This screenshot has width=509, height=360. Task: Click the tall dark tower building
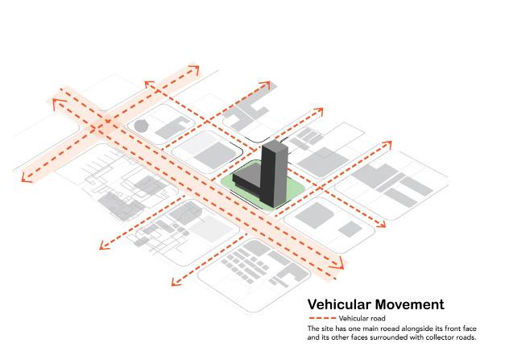click(274, 173)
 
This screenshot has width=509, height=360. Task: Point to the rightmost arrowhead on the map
click(392, 143)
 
